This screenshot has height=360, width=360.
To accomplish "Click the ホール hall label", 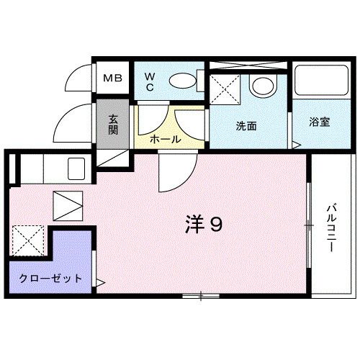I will coord(165,139).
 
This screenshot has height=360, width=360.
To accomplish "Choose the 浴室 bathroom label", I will coord(320,121).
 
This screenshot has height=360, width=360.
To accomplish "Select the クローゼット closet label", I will coord(50,279).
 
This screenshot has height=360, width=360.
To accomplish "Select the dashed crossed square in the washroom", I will coord(225,93).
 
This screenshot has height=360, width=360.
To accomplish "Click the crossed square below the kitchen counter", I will coord(69,204).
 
